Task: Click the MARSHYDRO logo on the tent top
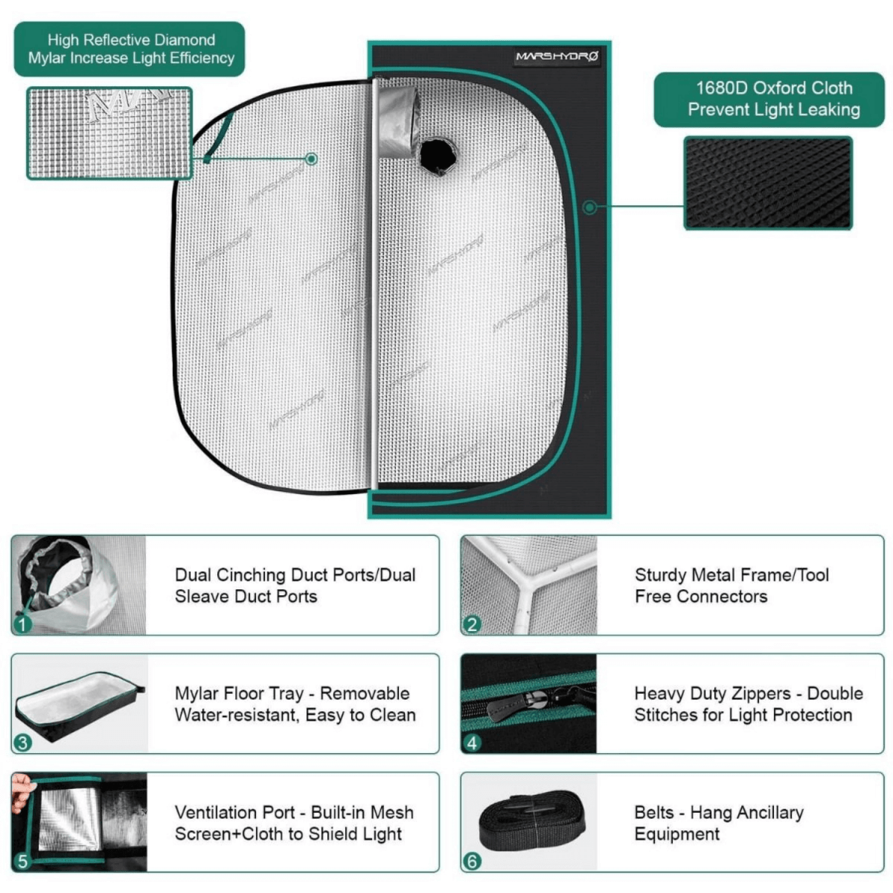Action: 557,57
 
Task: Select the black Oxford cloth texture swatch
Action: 768,182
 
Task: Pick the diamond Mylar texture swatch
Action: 109,133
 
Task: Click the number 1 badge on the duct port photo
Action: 23,624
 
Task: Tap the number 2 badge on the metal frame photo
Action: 472,624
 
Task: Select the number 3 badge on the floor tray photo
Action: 23,742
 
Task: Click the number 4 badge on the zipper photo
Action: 472,742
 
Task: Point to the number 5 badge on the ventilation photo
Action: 23,861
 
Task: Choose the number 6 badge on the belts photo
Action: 472,861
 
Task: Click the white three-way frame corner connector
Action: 530,577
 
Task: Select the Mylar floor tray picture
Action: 78,703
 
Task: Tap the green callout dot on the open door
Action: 312,159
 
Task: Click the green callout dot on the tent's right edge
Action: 589,208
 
